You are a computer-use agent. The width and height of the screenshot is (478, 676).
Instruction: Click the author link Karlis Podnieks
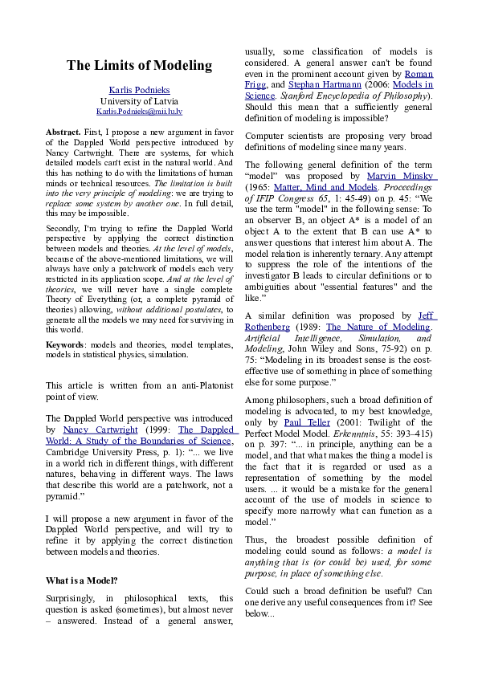(139, 89)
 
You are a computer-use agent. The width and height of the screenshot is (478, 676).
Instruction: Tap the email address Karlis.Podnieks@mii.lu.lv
(139, 111)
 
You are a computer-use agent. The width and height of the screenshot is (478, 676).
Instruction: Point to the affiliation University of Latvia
(139, 100)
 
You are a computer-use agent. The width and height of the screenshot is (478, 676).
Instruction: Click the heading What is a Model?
(82, 580)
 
